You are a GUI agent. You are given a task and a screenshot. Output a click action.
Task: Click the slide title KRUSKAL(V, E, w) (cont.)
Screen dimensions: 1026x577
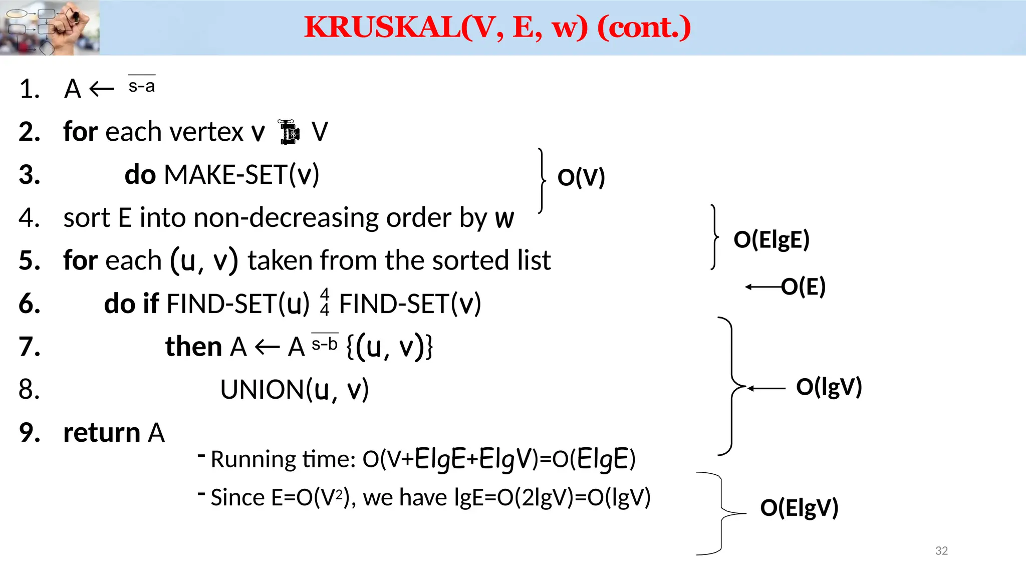497,27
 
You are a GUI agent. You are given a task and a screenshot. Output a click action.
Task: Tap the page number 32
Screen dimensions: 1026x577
941,550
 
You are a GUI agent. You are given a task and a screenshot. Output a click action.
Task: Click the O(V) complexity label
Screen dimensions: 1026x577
581,177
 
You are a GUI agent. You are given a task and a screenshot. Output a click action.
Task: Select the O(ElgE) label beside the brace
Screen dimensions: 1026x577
771,239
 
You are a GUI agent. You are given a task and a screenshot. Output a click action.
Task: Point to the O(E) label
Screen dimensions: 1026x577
803,286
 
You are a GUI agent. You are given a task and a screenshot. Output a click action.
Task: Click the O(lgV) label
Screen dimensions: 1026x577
829,387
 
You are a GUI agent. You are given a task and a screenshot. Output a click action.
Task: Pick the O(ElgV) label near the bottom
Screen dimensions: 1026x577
799,507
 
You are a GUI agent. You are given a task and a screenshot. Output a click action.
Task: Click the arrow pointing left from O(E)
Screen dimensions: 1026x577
762,287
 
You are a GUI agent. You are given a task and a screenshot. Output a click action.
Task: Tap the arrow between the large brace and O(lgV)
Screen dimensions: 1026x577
766,388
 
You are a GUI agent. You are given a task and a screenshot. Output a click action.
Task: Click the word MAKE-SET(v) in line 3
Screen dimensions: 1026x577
241,175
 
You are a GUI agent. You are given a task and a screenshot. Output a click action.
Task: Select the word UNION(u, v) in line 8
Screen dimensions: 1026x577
294,390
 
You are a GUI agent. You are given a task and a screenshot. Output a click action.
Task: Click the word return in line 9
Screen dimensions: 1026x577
102,433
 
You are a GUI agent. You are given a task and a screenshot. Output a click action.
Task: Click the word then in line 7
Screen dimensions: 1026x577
193,347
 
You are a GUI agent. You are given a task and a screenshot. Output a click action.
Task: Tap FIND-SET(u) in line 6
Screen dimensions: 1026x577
238,304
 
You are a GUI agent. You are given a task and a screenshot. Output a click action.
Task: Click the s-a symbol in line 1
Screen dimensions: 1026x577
142,85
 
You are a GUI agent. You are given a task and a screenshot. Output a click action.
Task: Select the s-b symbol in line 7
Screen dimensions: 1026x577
325,343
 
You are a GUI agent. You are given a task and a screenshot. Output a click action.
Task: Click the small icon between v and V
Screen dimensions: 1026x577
289,132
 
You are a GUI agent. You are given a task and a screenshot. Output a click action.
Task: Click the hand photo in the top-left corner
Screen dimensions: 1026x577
50,28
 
